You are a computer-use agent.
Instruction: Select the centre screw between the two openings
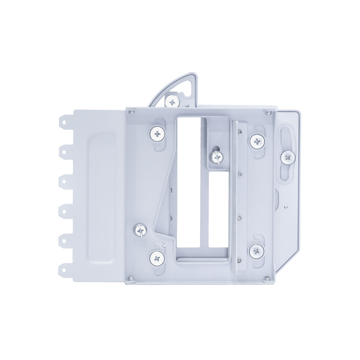216,156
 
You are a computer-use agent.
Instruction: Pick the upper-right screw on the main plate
256,141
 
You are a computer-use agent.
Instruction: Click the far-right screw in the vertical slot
288,157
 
